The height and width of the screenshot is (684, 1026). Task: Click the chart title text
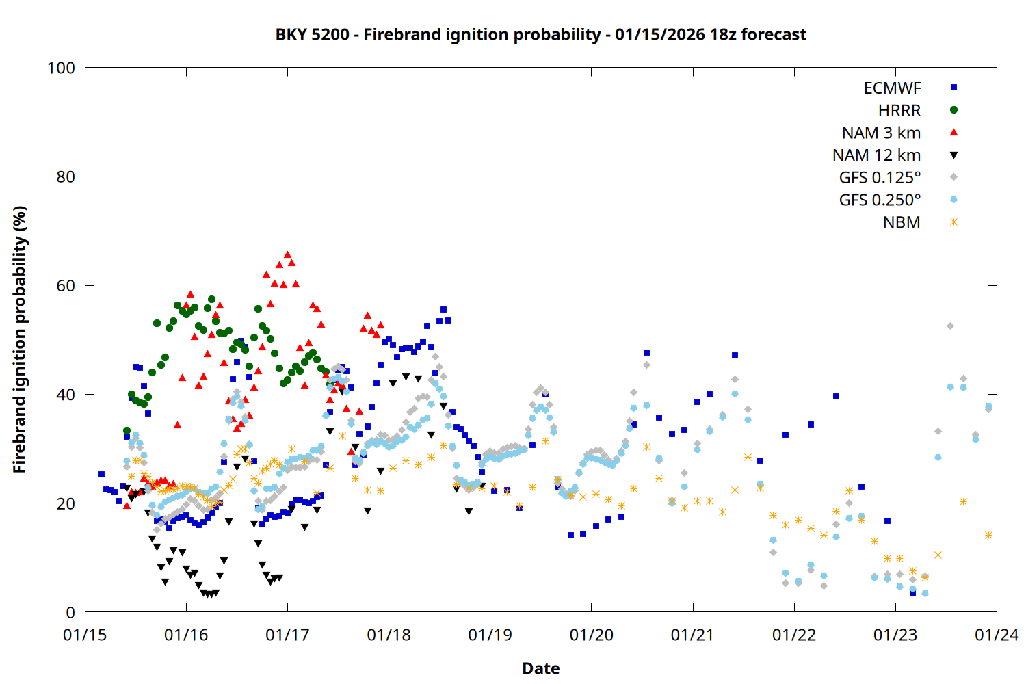[x=540, y=34]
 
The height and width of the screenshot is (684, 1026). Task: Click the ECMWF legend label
[x=892, y=88]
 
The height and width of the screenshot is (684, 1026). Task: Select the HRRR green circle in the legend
[x=953, y=110]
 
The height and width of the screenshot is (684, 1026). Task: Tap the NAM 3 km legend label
[x=881, y=133]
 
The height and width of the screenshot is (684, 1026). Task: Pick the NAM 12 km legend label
[x=876, y=155]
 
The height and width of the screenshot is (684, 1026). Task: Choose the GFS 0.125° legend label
[x=880, y=178]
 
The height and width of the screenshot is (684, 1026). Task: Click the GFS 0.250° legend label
[x=880, y=200]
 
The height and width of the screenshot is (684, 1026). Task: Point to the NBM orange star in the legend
[x=953, y=222]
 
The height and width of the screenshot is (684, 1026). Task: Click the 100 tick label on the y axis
[x=61, y=68]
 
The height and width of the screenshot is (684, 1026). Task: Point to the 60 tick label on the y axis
[x=66, y=286]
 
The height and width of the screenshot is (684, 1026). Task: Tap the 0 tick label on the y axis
[x=70, y=613]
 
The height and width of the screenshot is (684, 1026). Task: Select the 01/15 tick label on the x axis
[x=85, y=635]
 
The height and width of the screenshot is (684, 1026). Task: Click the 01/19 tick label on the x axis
[x=490, y=635]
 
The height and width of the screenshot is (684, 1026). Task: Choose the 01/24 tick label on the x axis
[x=996, y=635]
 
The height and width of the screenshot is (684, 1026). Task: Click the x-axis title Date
[x=540, y=668]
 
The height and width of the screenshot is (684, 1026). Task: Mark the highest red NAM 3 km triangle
[x=287, y=254]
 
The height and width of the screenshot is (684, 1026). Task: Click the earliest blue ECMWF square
[x=101, y=474]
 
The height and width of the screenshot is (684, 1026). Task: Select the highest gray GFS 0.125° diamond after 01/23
[x=950, y=326]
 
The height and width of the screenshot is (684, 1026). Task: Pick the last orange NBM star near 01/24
[x=988, y=536]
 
